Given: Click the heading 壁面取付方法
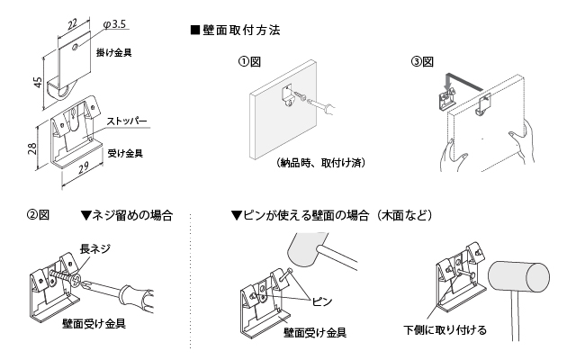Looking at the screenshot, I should tap(238, 30).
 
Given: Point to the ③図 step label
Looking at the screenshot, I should tap(422, 62).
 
